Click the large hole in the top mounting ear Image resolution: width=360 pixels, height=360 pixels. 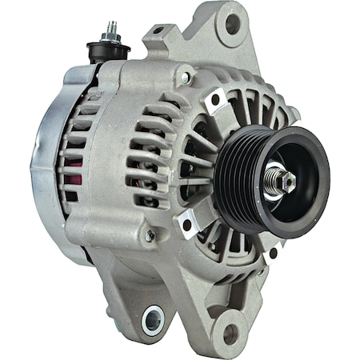[233, 24]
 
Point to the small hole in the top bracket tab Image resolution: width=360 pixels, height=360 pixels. [158, 31]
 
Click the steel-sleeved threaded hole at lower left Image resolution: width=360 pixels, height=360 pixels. [153, 321]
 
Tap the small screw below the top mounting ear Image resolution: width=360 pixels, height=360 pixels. [186, 78]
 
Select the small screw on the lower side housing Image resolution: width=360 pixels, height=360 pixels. [149, 236]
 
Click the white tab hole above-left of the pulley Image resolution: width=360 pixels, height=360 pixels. [214, 102]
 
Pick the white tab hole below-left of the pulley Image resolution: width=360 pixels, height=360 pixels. [187, 225]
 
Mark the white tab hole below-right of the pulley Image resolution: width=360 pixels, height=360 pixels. [273, 253]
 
